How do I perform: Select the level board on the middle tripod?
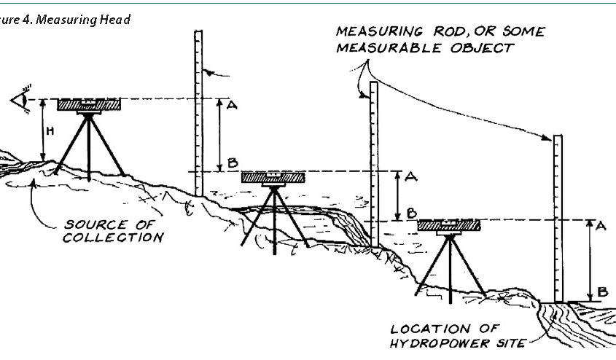coord(273,178)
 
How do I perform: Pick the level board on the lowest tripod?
coord(449,226)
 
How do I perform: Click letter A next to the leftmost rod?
coord(232,105)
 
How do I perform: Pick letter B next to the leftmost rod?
coord(231,161)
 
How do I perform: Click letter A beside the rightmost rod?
coord(602,226)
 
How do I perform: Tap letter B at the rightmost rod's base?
coord(602,292)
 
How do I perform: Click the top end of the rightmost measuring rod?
coord(558,136)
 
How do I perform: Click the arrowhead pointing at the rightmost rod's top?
coord(546,138)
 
